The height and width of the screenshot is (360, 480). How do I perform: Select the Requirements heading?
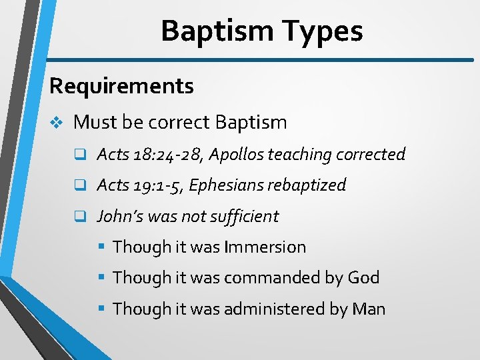(x=121, y=86)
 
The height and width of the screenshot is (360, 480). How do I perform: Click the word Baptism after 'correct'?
(x=251, y=123)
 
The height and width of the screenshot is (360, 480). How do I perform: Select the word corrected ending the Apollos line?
(x=370, y=155)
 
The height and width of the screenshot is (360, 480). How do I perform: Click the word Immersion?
(x=265, y=247)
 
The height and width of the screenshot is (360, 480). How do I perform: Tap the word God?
(x=363, y=278)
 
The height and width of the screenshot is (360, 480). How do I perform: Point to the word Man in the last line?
(x=369, y=309)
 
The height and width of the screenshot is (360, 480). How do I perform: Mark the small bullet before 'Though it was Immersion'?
(x=103, y=247)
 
